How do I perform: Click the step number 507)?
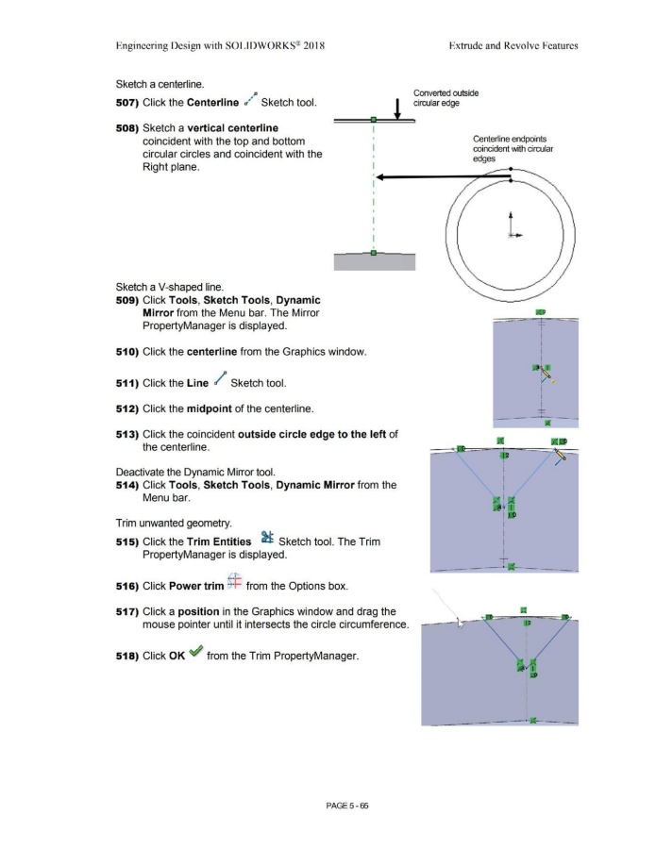click(x=127, y=102)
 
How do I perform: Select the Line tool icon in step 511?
click(x=220, y=378)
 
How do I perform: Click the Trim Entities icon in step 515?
click(x=266, y=537)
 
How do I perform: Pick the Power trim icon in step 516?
click(x=235, y=581)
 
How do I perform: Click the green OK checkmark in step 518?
click(x=196, y=651)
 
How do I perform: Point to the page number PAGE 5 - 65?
click(x=346, y=806)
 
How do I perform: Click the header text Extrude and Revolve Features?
click(x=513, y=46)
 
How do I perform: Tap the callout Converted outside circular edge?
click(x=446, y=98)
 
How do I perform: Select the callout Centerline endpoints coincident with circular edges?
click(x=513, y=149)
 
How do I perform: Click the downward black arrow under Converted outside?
click(x=397, y=108)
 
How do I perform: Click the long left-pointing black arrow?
click(x=444, y=176)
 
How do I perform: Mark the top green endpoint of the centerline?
click(x=373, y=119)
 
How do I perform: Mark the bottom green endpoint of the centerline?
click(x=373, y=252)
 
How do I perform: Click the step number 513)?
click(x=127, y=434)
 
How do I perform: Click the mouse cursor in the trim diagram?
click(x=461, y=624)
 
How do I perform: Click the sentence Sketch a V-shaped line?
click(x=170, y=287)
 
